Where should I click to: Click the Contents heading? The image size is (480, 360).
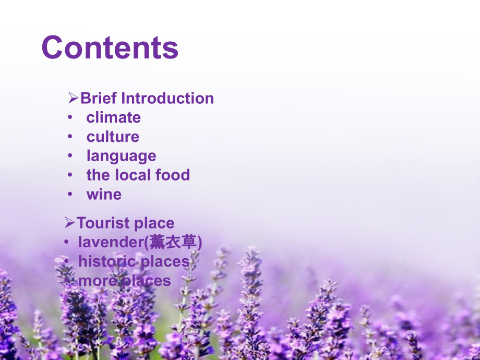click(x=110, y=47)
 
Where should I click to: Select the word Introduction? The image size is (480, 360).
click(x=167, y=98)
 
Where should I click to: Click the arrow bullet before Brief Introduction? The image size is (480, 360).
click(x=73, y=98)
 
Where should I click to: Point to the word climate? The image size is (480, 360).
click(x=114, y=117)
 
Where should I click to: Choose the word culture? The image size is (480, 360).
click(x=113, y=137)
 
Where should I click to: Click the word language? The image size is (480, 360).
click(x=122, y=157)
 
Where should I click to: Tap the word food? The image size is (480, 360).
click(x=173, y=175)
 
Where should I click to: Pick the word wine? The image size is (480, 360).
click(x=104, y=195)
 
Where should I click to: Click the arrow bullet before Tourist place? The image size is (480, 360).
click(x=69, y=223)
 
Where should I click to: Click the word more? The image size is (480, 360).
click(x=98, y=281)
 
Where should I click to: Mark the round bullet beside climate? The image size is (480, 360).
click(x=70, y=117)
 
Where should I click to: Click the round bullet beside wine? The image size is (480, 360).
click(x=70, y=194)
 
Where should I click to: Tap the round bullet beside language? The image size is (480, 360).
click(x=70, y=156)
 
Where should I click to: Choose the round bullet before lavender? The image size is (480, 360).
click(x=66, y=242)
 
